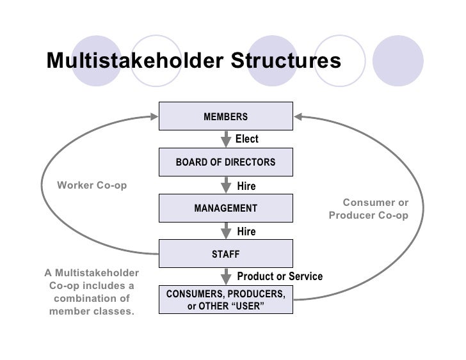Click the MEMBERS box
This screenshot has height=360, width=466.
[x=225, y=116]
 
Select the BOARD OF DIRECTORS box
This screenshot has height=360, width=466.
[x=225, y=162]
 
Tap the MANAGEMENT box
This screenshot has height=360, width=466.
[x=225, y=208]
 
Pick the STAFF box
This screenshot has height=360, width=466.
[x=225, y=254]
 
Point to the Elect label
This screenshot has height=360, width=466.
[x=247, y=139]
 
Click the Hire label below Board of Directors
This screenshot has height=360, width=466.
[x=246, y=186]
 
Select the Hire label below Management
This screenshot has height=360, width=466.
[x=246, y=231]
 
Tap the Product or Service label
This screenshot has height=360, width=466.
[x=280, y=276]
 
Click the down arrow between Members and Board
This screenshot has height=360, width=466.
[x=226, y=139]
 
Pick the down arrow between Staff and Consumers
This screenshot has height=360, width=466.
[x=226, y=276]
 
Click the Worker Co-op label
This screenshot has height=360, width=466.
[x=92, y=185]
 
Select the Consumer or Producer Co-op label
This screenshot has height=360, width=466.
[x=369, y=209]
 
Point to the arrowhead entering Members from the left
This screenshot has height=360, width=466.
[x=153, y=116]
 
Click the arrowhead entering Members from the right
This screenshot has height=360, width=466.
[x=299, y=116]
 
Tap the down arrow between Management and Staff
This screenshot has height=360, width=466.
[x=226, y=231]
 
